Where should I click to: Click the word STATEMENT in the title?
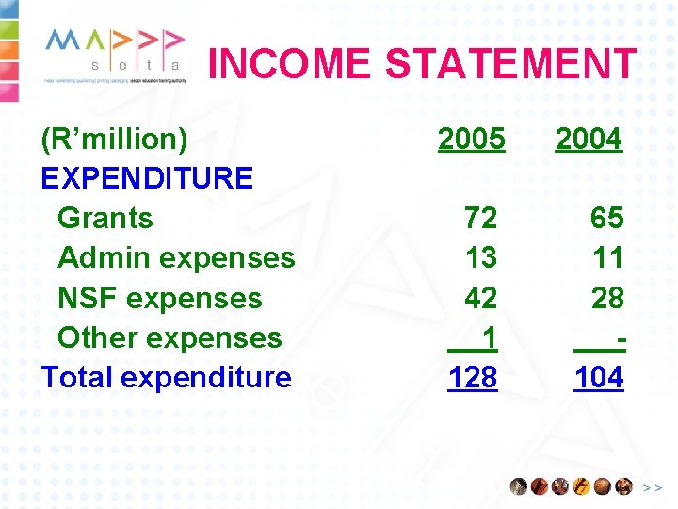click(510, 64)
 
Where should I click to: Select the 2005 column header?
click(472, 140)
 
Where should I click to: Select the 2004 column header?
click(589, 140)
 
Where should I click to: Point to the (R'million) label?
click(114, 140)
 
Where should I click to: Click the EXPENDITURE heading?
click(147, 178)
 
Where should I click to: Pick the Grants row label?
click(105, 218)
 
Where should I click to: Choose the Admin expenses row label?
click(176, 257)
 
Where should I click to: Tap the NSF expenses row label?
click(160, 298)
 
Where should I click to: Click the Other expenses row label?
click(169, 337)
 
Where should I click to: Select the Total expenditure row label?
click(167, 377)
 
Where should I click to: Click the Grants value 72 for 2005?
click(480, 219)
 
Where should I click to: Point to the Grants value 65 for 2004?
click(606, 219)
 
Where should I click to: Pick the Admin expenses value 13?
click(480, 258)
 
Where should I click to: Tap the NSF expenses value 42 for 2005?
click(480, 298)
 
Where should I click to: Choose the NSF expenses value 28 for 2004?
click(606, 298)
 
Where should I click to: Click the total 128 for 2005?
click(473, 377)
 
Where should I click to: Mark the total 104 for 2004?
click(599, 377)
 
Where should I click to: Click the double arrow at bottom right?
click(652, 487)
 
